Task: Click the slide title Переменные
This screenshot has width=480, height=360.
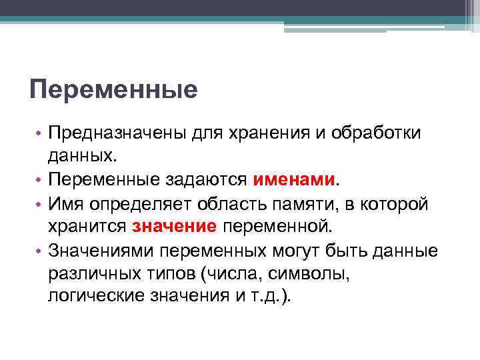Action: coord(113,89)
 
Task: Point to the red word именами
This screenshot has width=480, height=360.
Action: coord(295,180)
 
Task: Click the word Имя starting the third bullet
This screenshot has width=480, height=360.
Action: coord(68,203)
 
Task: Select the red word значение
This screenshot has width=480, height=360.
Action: coord(175,226)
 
